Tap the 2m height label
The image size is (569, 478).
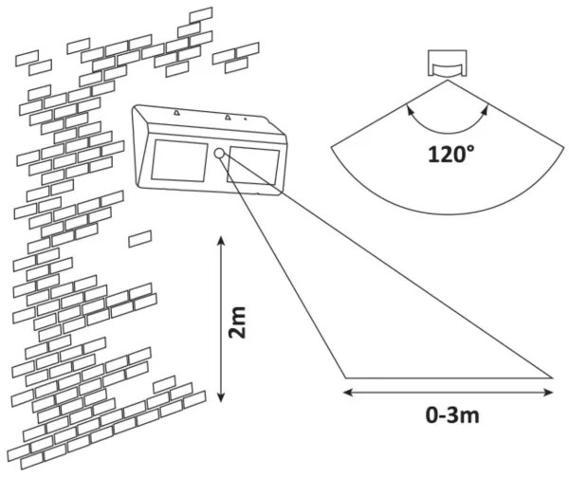coord(241,322)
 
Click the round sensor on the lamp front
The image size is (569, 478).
coord(219,154)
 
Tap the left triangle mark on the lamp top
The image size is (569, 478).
coord(176,114)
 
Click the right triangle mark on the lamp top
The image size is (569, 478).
coord(229,119)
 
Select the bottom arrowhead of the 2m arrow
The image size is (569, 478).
coord(221,401)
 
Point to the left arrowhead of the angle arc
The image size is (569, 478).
coord(409,110)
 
